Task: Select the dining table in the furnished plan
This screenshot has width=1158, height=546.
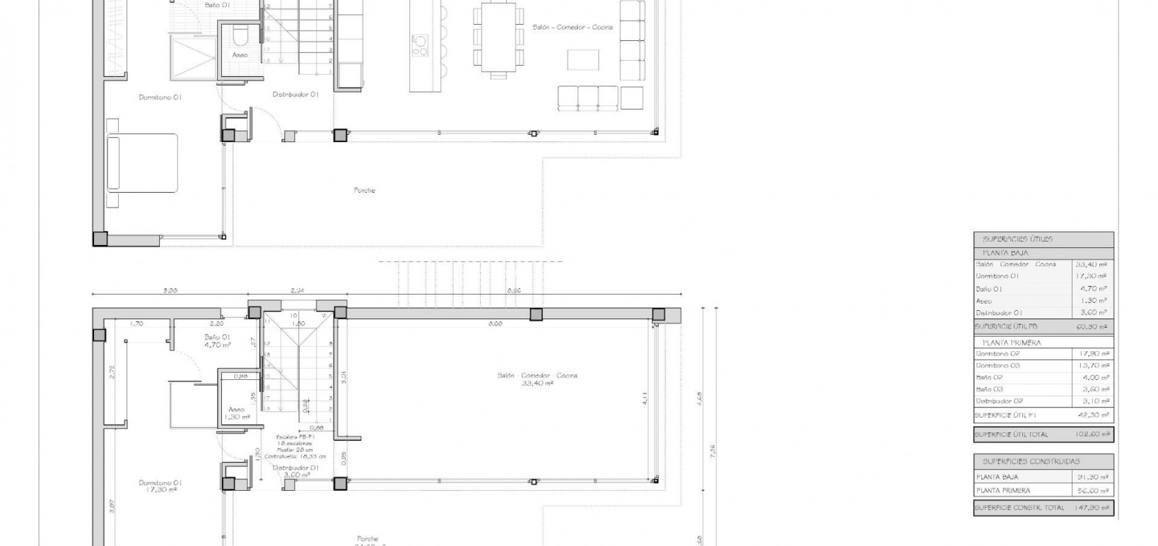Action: (498, 37)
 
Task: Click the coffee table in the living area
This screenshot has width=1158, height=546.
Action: (585, 59)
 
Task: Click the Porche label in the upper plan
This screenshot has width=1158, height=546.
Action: (365, 190)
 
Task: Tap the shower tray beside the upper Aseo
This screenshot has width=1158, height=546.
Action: (192, 57)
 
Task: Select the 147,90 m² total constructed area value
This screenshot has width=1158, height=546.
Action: (1092, 507)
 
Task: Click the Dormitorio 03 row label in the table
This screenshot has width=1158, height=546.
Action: (998, 366)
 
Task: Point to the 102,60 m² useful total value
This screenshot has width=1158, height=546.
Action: (1092, 434)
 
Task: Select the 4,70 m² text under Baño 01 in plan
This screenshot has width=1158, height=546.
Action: (218, 345)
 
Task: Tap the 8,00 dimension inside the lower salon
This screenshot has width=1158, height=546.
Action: (495, 324)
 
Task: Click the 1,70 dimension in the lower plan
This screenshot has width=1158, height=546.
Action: (136, 324)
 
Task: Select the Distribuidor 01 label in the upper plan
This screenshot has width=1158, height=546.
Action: (296, 94)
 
